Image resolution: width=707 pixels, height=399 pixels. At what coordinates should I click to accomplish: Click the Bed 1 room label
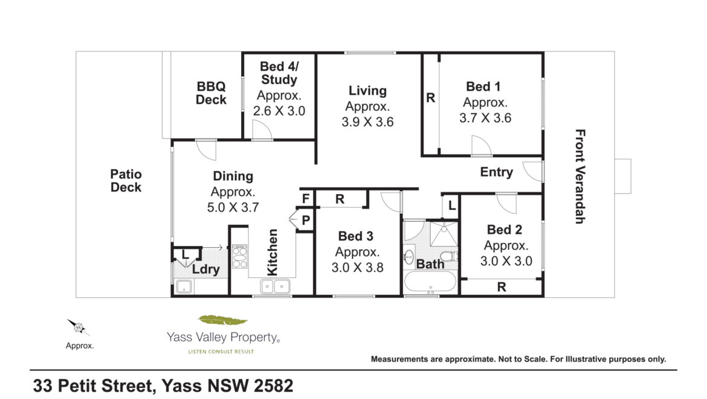click(483, 86)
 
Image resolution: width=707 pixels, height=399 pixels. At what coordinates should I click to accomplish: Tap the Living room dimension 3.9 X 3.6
click(367, 122)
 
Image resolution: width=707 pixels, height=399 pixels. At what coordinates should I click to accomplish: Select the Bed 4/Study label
click(279, 73)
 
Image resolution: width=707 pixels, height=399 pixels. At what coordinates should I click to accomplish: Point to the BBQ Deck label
click(211, 93)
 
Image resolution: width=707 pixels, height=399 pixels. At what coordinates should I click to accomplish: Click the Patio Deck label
click(126, 180)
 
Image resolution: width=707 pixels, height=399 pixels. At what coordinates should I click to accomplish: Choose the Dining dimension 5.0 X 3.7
click(233, 207)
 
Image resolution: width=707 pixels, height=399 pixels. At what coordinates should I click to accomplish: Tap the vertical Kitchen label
click(273, 252)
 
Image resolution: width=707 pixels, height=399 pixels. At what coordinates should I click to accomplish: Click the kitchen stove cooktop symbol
click(239, 256)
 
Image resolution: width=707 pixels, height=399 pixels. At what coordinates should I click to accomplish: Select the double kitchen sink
click(275, 287)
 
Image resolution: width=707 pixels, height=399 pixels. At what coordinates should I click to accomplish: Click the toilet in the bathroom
click(448, 256)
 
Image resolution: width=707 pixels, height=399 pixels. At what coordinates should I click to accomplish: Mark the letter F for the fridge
click(306, 198)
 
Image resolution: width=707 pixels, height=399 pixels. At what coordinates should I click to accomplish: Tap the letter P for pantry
click(306, 220)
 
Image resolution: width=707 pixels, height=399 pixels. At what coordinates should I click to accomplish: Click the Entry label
click(497, 172)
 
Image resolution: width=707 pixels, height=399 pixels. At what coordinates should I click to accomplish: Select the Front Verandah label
click(580, 177)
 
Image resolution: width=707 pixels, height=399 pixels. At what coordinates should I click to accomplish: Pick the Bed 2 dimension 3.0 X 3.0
click(506, 261)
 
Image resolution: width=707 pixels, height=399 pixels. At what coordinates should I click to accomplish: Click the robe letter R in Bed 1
click(431, 97)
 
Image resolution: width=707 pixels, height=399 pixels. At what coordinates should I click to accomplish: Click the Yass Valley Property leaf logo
click(223, 320)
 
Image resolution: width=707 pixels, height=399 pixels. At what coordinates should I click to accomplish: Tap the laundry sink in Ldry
click(184, 287)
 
